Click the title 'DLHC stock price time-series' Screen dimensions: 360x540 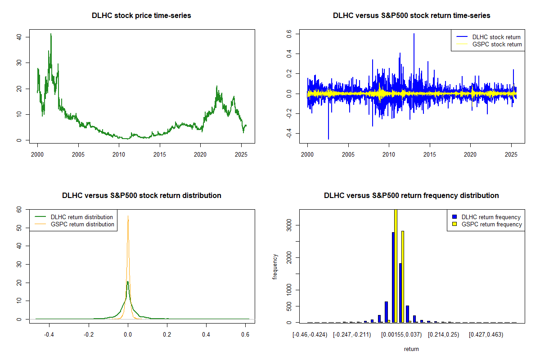coord(141,16)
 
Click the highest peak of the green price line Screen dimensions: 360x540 coord(51,34)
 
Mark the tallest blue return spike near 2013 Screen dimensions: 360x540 coord(414,34)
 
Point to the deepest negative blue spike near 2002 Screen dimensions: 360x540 coord(328,139)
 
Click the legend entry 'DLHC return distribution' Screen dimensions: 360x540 coord(81,217)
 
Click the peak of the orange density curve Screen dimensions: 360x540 coord(128,216)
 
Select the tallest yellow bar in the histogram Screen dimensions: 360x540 coord(396,265)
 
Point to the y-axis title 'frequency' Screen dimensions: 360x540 coord(275,266)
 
